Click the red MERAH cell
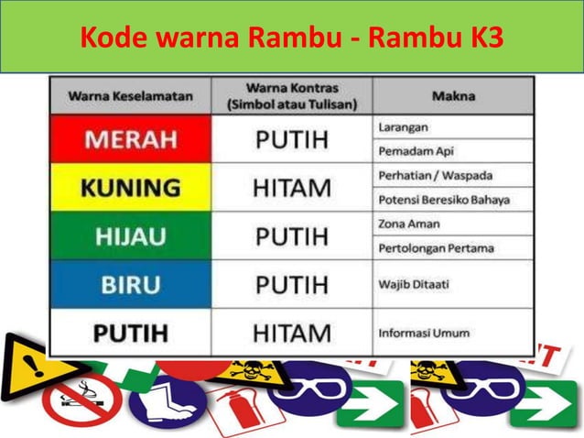[130, 139]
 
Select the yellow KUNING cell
[130, 188]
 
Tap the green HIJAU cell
[130, 236]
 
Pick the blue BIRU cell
[130, 284]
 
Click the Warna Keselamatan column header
[130, 95]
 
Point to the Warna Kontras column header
[292, 95]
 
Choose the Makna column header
[453, 95]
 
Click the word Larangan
[403, 126]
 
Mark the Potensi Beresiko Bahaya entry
[443, 200]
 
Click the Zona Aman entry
[408, 224]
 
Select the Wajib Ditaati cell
[414, 284]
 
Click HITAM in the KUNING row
[292, 188]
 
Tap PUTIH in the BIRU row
[292, 284]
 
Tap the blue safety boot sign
[167, 401]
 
